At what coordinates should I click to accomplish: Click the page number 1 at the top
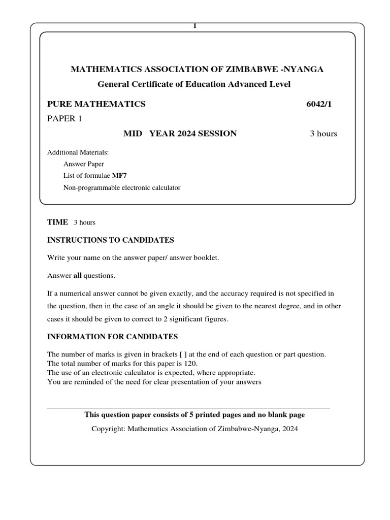194,26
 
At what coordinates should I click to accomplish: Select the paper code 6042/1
321,104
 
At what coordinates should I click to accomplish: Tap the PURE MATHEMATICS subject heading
96,104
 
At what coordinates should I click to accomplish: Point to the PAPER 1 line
64,119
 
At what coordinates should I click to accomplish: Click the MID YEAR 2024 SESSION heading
180,134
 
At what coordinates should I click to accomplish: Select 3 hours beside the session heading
323,134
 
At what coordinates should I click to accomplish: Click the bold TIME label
57,222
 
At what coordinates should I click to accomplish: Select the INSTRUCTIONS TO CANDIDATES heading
111,240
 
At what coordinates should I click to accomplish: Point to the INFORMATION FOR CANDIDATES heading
112,337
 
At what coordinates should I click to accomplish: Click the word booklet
206,258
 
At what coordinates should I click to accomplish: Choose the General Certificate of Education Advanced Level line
194,84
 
